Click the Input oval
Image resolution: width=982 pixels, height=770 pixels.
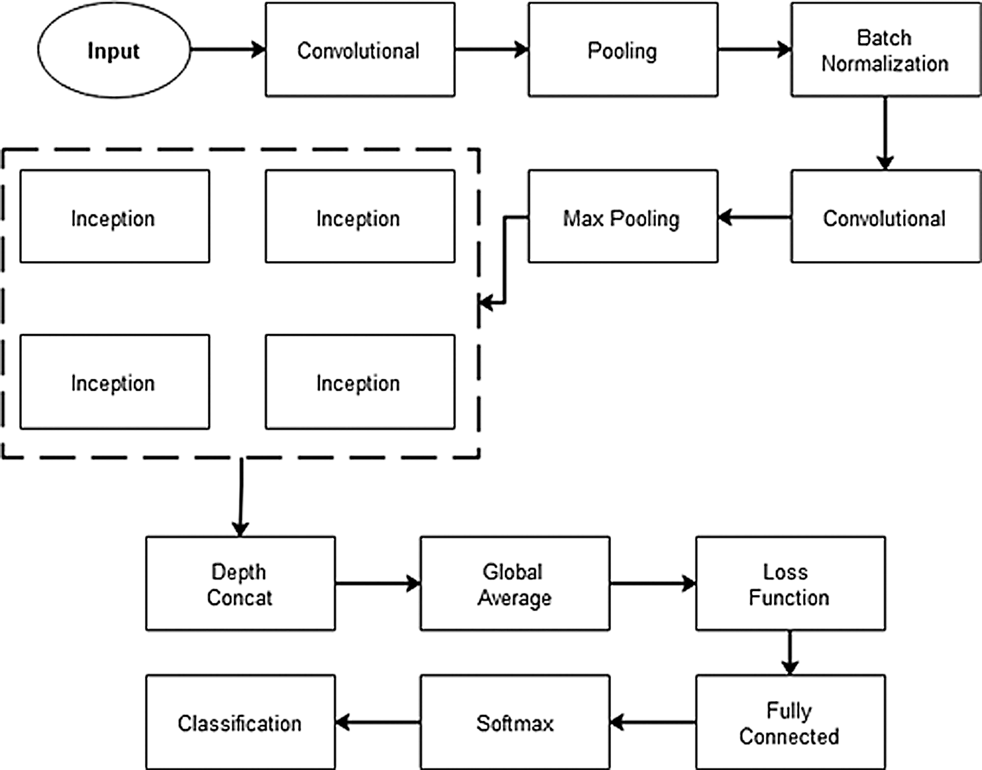coord(114,50)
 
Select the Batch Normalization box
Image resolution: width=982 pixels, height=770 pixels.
coord(886,49)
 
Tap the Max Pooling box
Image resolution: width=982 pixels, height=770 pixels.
coord(623,217)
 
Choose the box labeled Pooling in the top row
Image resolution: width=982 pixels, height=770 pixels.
coord(623,49)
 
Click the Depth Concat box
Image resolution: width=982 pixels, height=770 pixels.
coord(241,584)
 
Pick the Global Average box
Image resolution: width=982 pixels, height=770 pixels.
coord(515,584)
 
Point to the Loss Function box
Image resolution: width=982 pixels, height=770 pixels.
coord(791,584)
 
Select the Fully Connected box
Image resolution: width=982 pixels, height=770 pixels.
coord(791,722)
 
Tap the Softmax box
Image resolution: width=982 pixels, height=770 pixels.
coord(515,722)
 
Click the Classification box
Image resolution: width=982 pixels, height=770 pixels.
coord(241,722)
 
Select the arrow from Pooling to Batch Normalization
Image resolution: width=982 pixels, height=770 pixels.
coord(755,49)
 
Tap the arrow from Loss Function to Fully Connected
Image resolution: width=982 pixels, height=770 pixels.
coord(790,653)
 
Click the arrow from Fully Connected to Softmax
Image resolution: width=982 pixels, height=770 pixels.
coord(653,722)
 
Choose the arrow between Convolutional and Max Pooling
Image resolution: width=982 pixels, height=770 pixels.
coord(755,217)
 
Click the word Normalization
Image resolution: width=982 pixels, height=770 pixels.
coord(885,64)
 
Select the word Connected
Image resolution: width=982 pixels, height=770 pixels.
coord(789,736)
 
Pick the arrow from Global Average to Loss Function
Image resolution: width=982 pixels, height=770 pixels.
coord(653,584)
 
